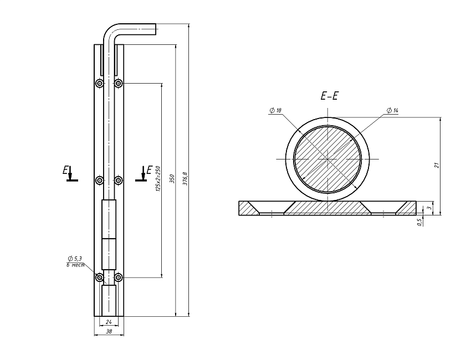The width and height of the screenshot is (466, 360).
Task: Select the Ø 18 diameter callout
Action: click(275, 111)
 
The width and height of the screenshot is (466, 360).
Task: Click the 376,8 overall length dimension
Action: click(185, 179)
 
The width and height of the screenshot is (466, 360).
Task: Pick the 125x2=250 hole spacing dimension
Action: click(158, 179)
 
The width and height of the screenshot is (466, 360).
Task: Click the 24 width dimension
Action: click(109, 321)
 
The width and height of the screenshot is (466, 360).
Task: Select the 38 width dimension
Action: click(109, 332)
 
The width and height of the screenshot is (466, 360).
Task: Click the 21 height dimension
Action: click(437, 165)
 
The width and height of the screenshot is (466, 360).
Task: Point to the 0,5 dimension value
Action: click(421, 221)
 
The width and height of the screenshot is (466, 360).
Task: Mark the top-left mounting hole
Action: click(99, 84)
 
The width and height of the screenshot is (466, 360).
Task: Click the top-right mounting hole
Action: click(118, 84)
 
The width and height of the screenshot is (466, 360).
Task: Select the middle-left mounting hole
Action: click(99, 180)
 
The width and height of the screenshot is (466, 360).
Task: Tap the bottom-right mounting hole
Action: click(118, 277)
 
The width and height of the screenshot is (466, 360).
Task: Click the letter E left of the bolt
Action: click(65, 169)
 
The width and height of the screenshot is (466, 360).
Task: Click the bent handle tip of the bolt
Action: click(154, 29)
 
